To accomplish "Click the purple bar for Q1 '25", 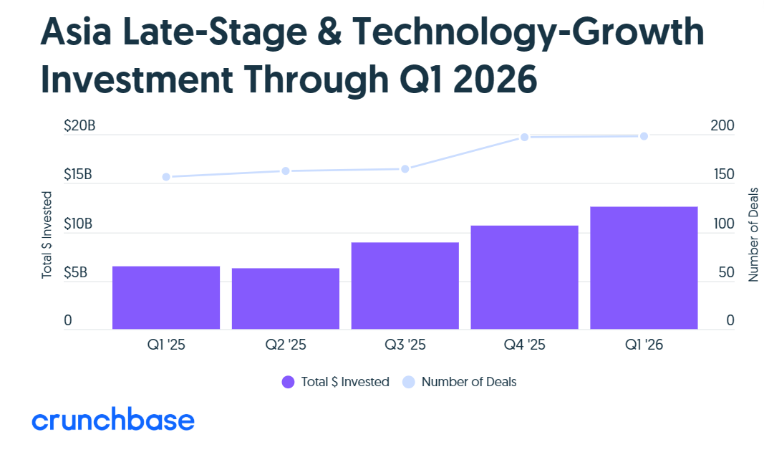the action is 166,297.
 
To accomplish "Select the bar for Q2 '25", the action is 286,298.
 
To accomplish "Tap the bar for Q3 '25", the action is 405,286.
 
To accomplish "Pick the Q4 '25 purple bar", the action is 524,277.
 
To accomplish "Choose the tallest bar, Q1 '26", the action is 644,267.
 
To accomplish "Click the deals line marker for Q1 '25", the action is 166,177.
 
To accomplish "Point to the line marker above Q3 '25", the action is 405,169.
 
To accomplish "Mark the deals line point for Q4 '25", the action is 524,138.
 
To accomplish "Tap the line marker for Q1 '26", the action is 644,136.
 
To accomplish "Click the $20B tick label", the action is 79,126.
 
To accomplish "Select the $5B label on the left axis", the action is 75,272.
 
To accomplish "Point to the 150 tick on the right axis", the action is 724,175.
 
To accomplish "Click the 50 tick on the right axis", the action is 727,272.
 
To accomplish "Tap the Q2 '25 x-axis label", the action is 286,345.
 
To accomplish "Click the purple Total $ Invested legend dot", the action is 288,382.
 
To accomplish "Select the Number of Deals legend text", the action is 469,382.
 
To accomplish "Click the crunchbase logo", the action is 113,419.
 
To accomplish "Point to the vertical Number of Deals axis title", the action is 753,234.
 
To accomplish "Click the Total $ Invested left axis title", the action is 47,235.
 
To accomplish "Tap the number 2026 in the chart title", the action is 495,79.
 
